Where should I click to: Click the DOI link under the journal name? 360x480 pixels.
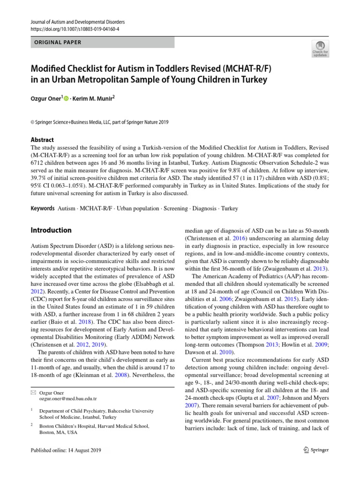[x=75, y=29]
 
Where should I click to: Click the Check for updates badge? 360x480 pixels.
[x=321, y=48]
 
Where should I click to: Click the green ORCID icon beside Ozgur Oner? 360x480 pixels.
[x=66, y=98]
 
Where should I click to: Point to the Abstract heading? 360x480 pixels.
[x=42, y=140]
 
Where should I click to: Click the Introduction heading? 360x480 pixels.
[x=51, y=230]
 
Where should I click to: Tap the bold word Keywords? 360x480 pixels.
[x=42, y=209]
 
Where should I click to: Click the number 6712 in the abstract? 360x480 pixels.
[x=38, y=163]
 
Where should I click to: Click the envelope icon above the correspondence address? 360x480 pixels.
[x=33, y=392]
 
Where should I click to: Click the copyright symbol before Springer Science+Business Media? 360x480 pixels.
[x=32, y=122]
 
